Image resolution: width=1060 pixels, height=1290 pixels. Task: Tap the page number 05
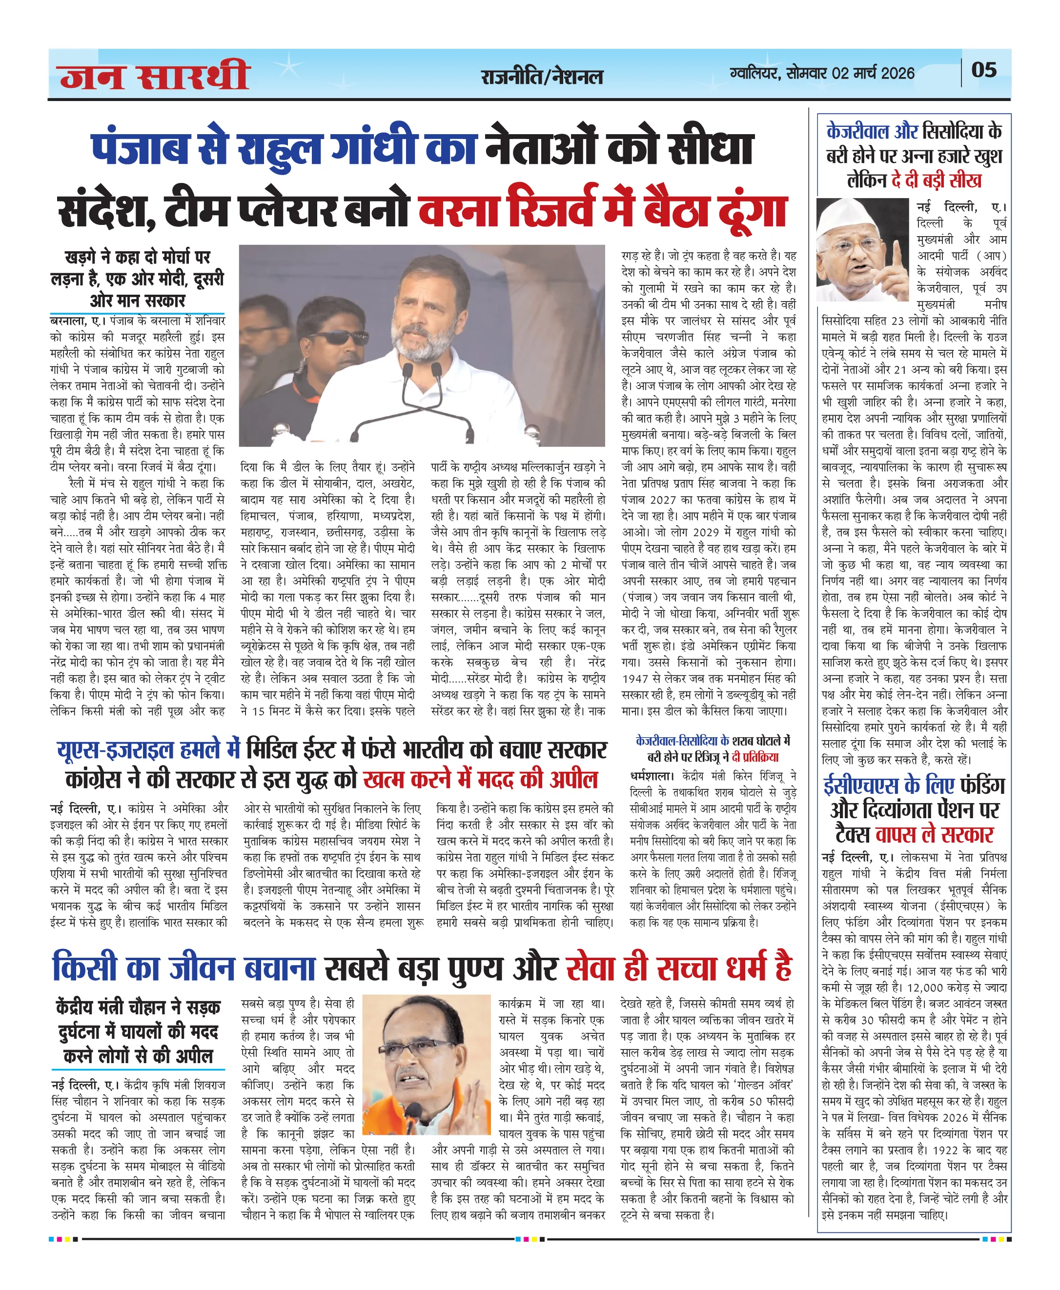pos(984,70)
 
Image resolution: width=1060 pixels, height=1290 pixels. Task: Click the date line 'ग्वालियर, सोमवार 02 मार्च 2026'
pos(822,73)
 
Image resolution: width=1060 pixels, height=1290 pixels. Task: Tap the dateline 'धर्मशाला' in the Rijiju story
pos(652,776)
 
